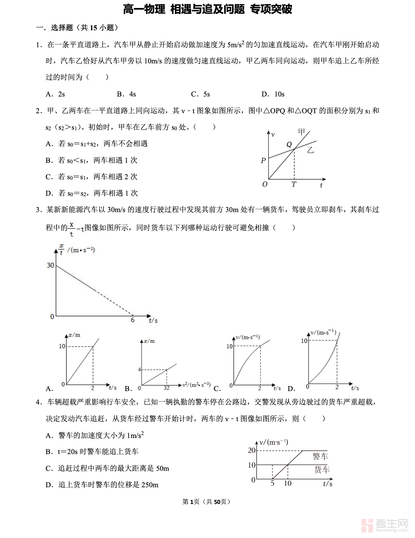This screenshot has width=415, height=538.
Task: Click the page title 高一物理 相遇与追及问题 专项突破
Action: pos(207,9)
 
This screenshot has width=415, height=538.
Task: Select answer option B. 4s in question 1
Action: pos(126,94)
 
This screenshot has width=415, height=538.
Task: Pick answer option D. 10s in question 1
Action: pos(273,94)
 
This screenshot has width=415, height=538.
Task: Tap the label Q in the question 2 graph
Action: pos(289,144)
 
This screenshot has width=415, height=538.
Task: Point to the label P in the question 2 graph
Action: pos(263,160)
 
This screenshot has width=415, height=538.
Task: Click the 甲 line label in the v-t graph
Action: pos(302,132)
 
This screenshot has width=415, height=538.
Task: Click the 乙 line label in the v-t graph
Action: pos(310,150)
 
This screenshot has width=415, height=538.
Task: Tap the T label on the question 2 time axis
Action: pos(294,184)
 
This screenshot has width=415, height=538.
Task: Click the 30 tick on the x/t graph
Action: pos(50,265)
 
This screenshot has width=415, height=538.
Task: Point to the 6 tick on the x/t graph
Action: pos(132,320)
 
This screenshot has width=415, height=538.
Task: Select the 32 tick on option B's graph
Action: pos(166,388)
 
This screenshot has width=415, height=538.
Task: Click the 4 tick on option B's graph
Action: pos(140,369)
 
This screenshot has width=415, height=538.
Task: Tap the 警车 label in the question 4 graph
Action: pos(320,456)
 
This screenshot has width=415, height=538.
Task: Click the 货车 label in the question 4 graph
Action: pos(322,470)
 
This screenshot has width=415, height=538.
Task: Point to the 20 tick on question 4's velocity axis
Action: pos(251,450)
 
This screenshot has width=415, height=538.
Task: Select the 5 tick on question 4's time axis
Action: pos(272,483)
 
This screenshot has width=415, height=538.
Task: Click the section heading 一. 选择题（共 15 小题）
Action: pos(78,28)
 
